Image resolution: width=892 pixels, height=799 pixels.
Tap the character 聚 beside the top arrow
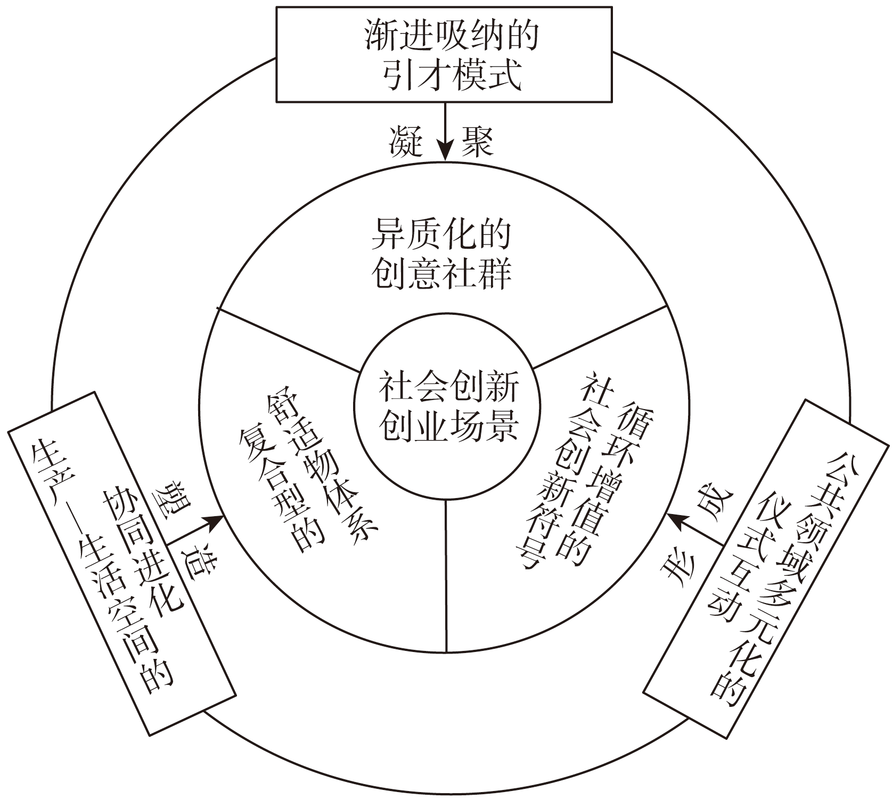(477, 142)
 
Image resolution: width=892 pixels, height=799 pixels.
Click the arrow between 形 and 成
(695, 528)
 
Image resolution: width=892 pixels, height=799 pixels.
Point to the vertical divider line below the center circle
(445, 575)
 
